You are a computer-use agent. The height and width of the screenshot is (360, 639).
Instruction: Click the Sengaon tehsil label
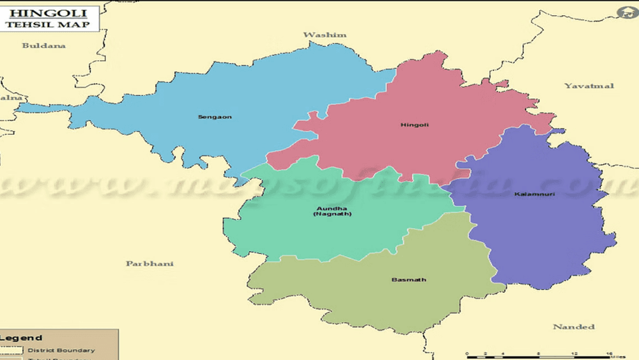215,117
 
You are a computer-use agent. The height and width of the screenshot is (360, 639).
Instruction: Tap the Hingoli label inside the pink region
414,124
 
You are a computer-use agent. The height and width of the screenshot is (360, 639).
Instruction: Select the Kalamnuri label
530,193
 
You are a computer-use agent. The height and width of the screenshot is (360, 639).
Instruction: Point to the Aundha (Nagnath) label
332,212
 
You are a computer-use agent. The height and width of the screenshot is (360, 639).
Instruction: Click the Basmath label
408,280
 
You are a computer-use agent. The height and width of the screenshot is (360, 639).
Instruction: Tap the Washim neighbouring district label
325,35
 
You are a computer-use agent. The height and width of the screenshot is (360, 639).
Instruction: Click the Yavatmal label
589,86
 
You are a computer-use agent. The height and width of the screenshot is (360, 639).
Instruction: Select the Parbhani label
150,263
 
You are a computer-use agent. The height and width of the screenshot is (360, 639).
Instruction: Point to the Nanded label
573,327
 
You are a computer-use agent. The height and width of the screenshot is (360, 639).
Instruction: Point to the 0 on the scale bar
467,354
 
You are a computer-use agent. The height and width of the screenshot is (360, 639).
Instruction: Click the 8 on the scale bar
539,354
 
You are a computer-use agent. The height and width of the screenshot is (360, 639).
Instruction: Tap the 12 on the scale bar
574,354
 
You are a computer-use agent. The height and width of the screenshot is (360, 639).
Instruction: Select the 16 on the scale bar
610,354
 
